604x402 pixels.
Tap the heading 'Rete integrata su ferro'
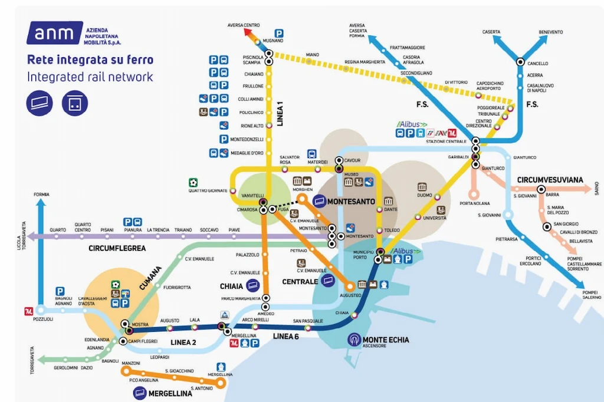pyautogui.click(x=90, y=60)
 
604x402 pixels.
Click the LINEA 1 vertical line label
pyautogui.click(x=281, y=112)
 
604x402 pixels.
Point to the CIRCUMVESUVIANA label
pyautogui.click(x=550, y=179)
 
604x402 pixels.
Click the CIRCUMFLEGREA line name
pyautogui.click(x=117, y=248)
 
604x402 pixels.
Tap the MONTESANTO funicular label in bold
pyautogui.click(x=351, y=202)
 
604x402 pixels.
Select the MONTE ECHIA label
pyautogui.click(x=386, y=340)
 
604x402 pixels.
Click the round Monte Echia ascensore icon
pyautogui.click(x=354, y=340)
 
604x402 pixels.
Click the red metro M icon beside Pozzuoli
pyautogui.click(x=28, y=311)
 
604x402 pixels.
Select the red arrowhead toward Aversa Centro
pyautogui.click(x=245, y=34)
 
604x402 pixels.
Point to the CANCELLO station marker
pyautogui.click(x=520, y=61)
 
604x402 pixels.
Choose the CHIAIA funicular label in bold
pyautogui.click(x=231, y=286)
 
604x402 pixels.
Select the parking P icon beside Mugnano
pyautogui.click(x=278, y=34)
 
